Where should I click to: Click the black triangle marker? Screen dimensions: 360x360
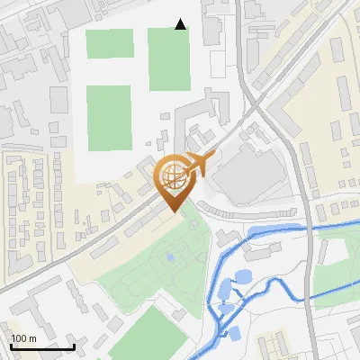pos(181,24)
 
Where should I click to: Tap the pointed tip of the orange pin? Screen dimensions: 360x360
pos(174,211)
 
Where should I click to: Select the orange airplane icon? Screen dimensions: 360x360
pos(200,164)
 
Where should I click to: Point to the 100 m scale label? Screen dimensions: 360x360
pos(23,338)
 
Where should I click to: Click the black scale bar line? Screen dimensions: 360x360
pos(42,346)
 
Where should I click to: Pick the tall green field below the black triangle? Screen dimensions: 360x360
pos(169,59)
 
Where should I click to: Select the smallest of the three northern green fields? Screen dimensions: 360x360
pos(110,43)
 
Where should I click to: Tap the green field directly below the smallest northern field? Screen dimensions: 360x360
pos(109,117)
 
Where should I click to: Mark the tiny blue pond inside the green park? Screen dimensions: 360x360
pos(170,258)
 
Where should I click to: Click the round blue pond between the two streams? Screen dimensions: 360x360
pos(242,279)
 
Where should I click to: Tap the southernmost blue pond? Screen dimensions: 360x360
pos(234,333)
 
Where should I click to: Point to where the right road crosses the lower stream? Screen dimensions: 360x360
pos(309,292)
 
